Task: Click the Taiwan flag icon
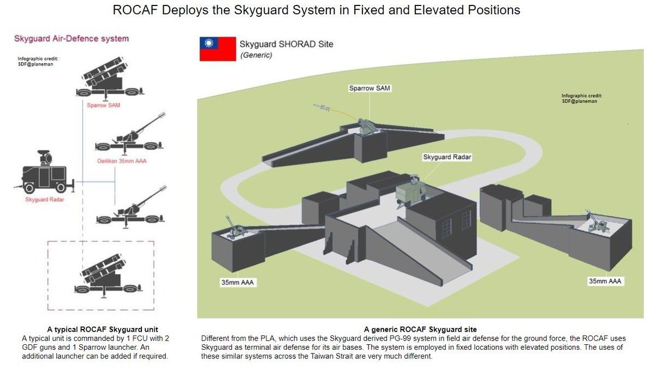pos(217,49)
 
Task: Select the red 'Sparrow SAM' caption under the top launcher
pos(103,105)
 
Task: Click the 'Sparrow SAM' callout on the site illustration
pos(370,88)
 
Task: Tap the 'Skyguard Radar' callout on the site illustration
pos(446,157)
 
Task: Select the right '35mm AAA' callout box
pos(605,281)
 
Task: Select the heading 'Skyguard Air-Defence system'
pos(71,39)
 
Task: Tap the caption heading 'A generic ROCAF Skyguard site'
pos(420,330)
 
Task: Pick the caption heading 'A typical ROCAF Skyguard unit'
pos(103,330)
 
